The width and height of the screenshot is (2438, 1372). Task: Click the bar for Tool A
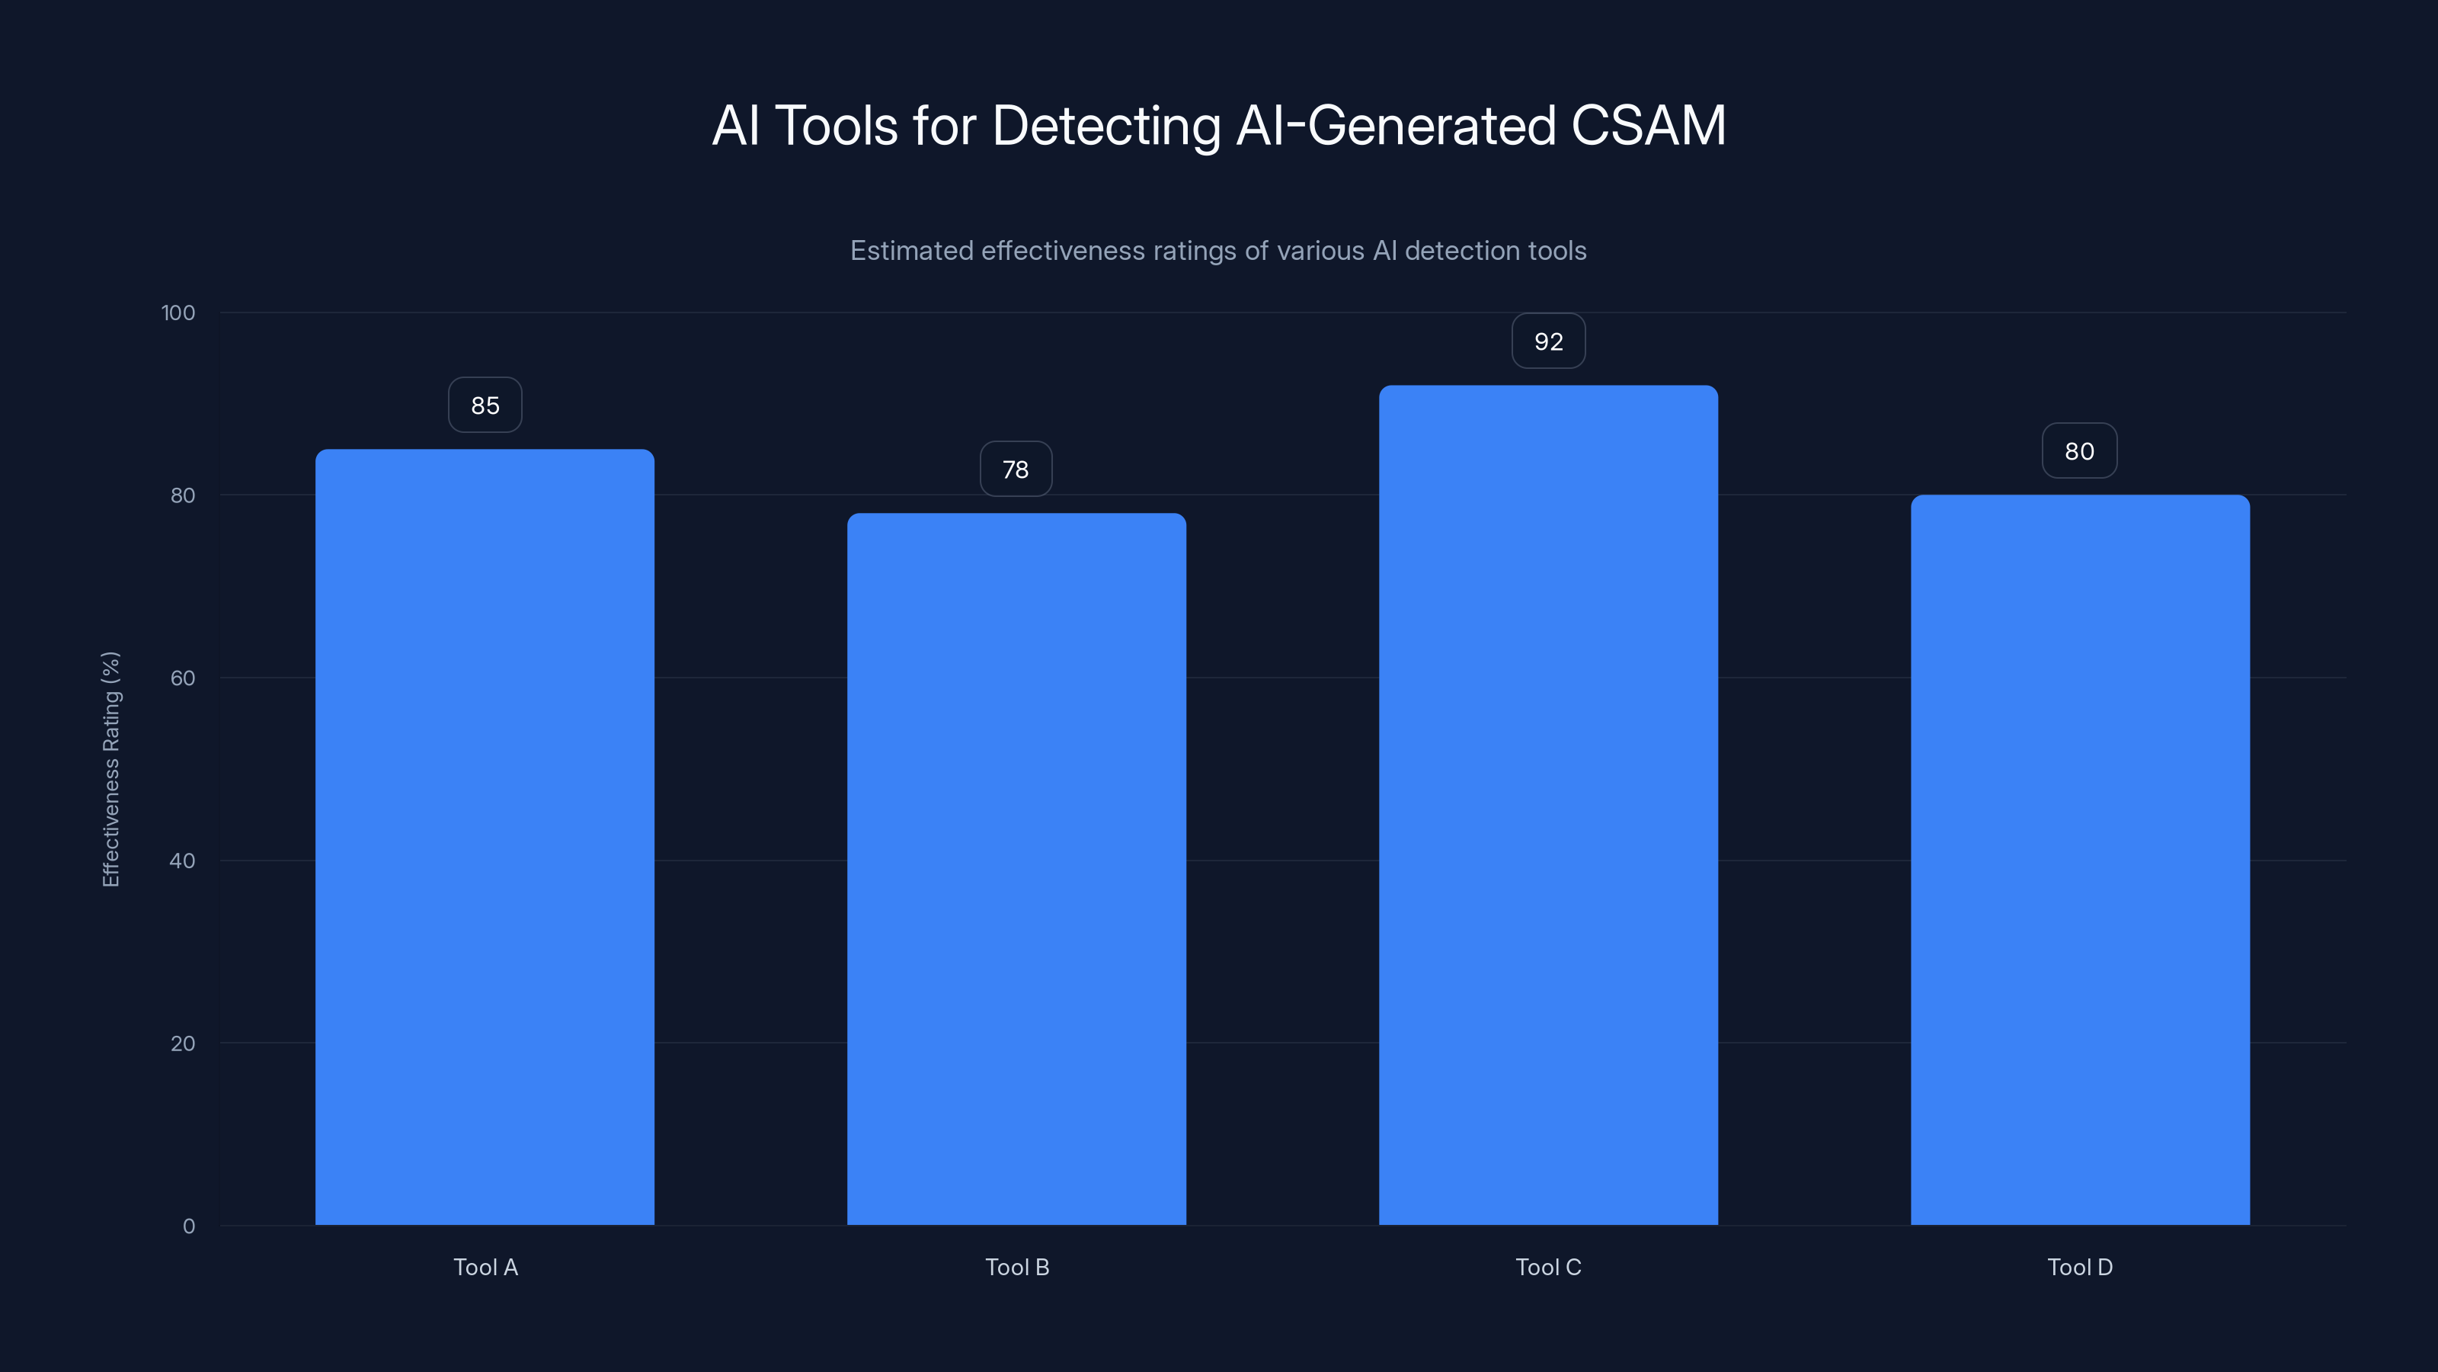coord(485,837)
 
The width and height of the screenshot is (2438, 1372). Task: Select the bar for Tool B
coord(1016,869)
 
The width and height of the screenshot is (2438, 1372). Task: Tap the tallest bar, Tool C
coord(1548,805)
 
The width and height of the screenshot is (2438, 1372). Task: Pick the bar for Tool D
coord(2080,860)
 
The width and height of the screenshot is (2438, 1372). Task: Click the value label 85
coord(485,406)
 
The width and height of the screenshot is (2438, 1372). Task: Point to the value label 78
coord(1016,470)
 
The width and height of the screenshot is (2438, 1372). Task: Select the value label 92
coord(1548,341)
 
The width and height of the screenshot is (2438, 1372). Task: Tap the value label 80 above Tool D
coord(2079,452)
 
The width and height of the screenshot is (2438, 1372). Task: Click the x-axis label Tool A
coord(485,1267)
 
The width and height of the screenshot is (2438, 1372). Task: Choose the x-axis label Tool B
coord(1017,1267)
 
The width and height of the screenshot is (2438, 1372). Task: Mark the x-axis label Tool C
coord(1548,1267)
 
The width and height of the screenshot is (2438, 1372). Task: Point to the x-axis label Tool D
coord(2080,1267)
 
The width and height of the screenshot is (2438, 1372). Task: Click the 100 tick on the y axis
coord(178,313)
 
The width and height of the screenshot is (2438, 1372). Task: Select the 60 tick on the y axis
coord(183,678)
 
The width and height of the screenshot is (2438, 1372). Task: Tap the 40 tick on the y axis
coord(183,861)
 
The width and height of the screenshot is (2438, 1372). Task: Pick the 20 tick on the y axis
coord(183,1043)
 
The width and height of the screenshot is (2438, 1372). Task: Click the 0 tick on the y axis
coord(188,1226)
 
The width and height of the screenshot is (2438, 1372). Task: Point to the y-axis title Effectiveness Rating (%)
coord(110,769)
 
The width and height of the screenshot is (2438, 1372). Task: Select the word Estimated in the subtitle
coord(910,251)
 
